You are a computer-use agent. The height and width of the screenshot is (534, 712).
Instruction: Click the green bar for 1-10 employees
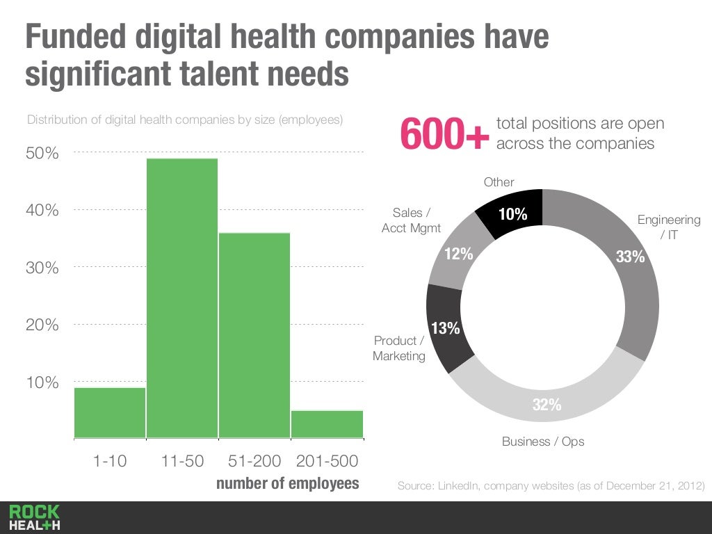click(x=110, y=413)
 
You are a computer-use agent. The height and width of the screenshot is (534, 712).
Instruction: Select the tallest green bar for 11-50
click(x=182, y=299)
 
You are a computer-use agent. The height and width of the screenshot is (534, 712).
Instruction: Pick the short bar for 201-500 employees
click(x=327, y=424)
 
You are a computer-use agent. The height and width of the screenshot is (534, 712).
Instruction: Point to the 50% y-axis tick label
click(x=42, y=154)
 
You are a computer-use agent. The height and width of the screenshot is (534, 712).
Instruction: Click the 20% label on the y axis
click(x=42, y=325)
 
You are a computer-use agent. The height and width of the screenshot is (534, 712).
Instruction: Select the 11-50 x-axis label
click(x=182, y=461)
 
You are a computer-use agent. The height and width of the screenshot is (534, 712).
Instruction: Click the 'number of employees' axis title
click(x=288, y=483)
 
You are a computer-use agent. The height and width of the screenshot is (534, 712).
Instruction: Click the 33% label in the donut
click(x=630, y=257)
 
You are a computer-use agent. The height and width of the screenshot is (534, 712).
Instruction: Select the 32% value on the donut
click(x=547, y=405)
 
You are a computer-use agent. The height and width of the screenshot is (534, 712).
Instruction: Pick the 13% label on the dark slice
click(x=446, y=329)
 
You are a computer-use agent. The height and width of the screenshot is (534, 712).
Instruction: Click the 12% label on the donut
click(x=459, y=254)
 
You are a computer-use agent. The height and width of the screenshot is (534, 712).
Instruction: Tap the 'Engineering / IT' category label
click(x=669, y=227)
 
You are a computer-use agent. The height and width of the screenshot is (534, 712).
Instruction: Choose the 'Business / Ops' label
click(x=543, y=442)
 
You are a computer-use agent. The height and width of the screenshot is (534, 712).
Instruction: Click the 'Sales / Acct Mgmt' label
click(x=412, y=220)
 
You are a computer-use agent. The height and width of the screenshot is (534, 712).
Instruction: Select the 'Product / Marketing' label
click(x=399, y=348)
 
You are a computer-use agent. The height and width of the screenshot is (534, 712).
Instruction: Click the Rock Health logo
click(x=35, y=518)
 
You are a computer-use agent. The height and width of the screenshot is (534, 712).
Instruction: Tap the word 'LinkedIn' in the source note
click(x=460, y=485)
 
